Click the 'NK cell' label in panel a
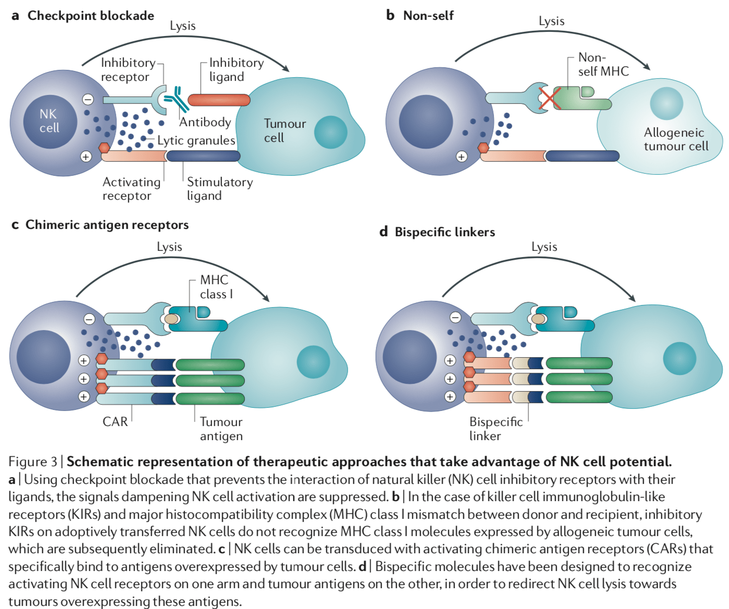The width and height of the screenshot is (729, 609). point(49,121)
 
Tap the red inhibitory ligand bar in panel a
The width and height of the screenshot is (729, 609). point(219,100)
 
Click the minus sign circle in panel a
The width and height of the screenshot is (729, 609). point(88,99)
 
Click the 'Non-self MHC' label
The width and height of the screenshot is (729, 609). point(603,65)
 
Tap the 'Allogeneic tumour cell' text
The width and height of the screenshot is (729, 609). point(675,139)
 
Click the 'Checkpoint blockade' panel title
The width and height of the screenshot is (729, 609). point(91,16)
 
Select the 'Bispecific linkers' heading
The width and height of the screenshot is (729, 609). point(444,232)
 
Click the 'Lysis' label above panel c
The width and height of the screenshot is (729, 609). point(169,247)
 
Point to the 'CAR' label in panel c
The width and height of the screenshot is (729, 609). point(115,421)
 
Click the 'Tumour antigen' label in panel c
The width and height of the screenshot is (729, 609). point(221,429)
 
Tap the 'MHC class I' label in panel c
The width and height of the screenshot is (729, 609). point(216,287)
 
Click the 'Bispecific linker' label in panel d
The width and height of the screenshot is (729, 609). point(495,429)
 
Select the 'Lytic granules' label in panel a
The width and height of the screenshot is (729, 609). point(196,141)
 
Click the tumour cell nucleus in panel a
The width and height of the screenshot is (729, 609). point(330,132)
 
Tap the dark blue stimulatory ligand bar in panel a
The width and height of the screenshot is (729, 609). point(203,156)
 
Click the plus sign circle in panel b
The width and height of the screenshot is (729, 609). point(461,156)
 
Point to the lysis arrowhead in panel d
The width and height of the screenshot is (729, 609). point(632,298)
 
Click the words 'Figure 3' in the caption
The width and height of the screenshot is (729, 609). point(32,461)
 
